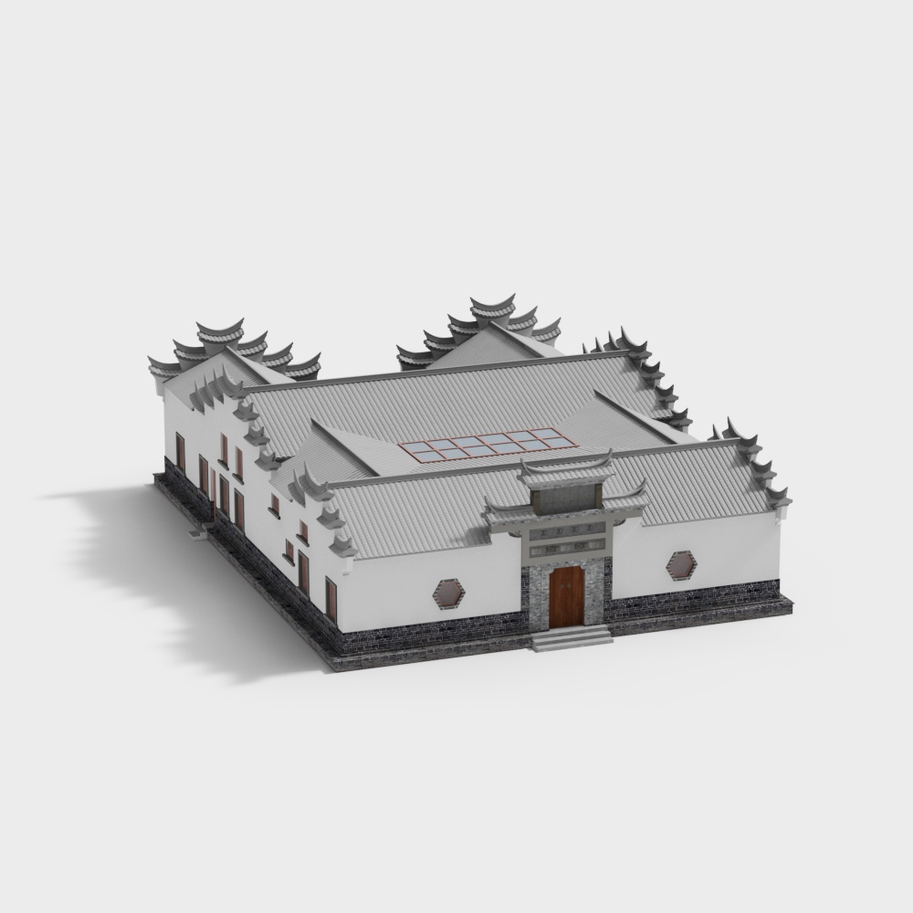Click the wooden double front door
(566, 597)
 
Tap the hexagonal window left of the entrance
(448, 594)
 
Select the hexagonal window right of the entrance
(680, 564)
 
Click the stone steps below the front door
(572, 637)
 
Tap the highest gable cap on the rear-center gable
(492, 305)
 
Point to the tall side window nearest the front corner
(331, 599)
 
